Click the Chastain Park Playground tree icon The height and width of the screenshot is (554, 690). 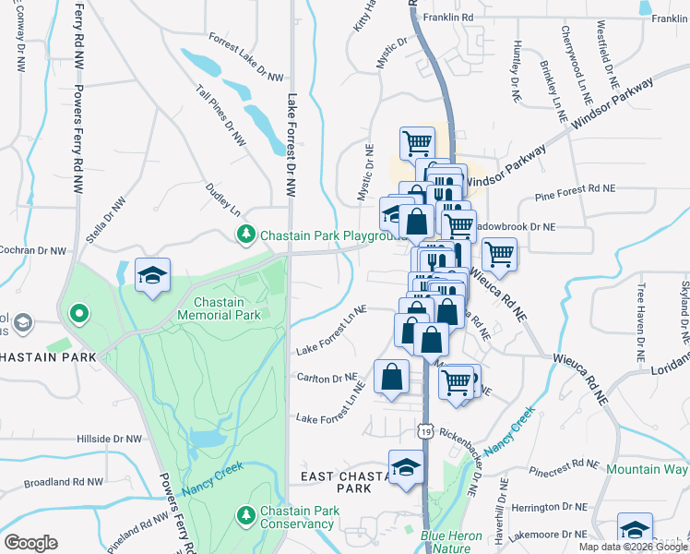[246, 235]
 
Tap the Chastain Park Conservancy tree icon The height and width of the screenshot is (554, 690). [246, 513]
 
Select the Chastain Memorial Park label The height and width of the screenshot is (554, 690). [227, 308]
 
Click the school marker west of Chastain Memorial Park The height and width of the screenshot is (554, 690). [152, 274]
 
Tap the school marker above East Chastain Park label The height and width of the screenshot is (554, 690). [404, 466]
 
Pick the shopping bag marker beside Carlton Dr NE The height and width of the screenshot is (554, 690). [391, 377]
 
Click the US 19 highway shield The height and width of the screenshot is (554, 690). [424, 430]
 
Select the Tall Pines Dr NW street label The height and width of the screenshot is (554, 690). [221, 116]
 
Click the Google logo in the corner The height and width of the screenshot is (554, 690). [30, 543]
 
